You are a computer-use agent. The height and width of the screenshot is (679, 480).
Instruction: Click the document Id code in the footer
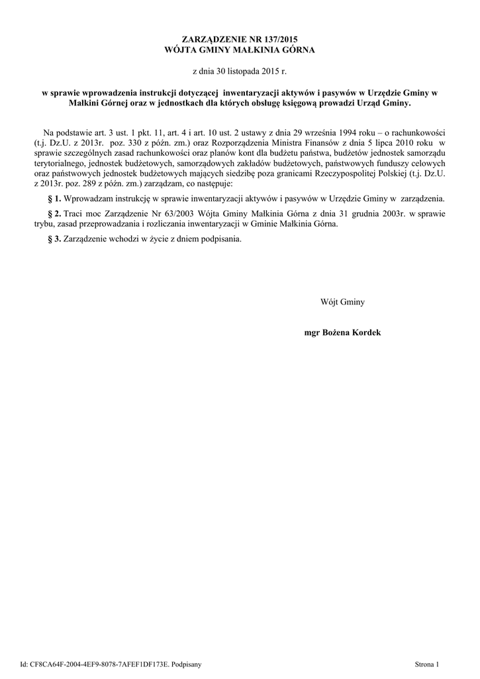[x=99, y=663]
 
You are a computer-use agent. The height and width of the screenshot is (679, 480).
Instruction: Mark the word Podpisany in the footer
[x=186, y=663]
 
